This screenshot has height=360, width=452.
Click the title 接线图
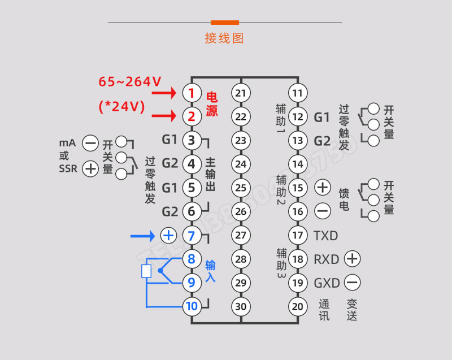coord(224,38)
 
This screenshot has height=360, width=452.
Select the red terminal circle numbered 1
coord(192,93)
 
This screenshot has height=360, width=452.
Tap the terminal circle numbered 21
coord(241,93)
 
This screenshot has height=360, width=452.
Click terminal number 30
coord(241,307)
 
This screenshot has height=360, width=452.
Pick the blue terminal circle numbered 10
coord(192,307)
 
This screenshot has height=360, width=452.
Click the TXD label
coord(326,235)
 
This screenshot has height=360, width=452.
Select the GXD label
coord(327,283)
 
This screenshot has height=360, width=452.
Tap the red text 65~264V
coord(129,82)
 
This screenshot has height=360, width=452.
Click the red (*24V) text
coord(121,106)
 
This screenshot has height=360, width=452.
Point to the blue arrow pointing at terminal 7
coord(143,235)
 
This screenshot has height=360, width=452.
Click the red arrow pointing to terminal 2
coord(166,116)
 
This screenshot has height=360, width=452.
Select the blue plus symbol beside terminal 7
coord(168,235)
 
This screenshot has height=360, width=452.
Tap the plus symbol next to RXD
coord(352,259)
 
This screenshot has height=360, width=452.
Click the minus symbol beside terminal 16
coord(323,211)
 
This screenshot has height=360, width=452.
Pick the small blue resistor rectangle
coord(146,271)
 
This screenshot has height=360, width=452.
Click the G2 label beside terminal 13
coord(321,141)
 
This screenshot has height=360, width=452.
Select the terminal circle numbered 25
coord(241,188)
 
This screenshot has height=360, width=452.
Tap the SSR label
coord(68,168)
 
